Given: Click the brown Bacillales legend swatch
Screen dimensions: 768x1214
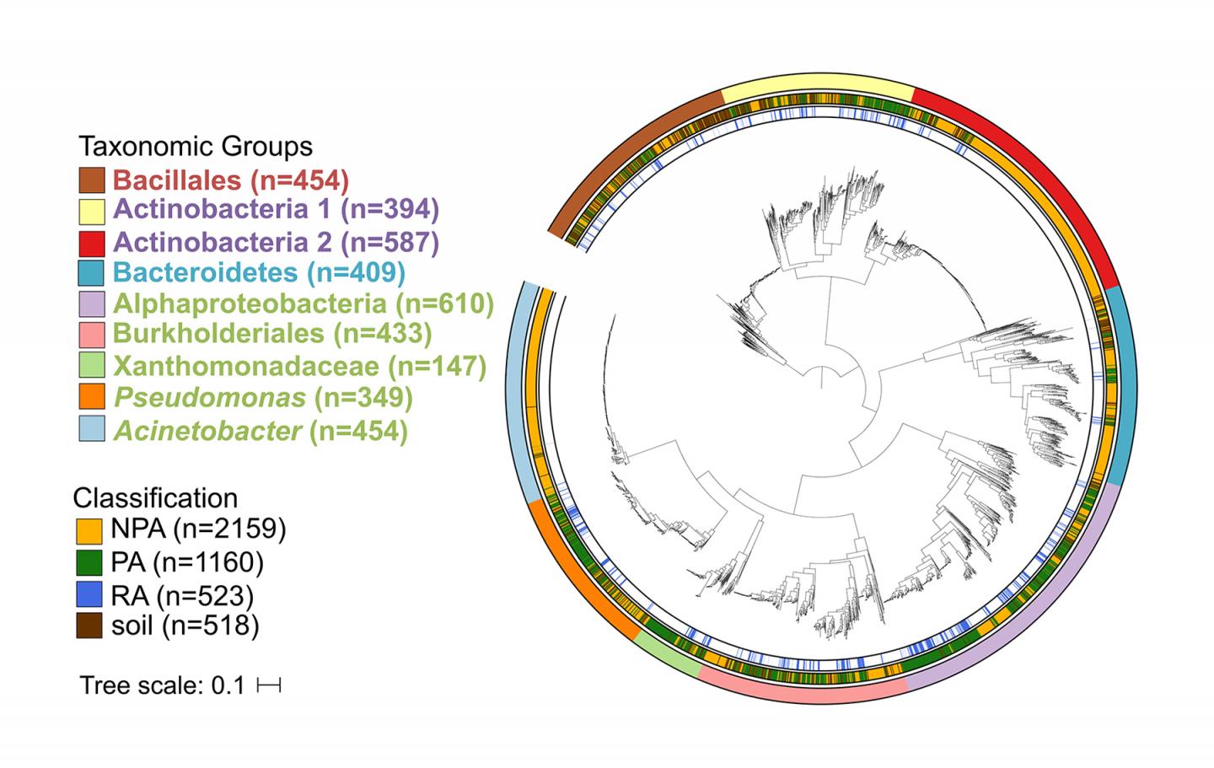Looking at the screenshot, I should click(92, 180).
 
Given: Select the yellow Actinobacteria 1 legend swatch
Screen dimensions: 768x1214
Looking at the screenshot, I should click(92, 211).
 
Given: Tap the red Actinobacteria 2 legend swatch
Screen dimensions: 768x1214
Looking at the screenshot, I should click(92, 243).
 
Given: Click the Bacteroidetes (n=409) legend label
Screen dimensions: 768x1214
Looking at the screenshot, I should click(259, 273).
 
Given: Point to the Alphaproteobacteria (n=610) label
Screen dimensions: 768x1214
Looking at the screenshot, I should click(303, 303).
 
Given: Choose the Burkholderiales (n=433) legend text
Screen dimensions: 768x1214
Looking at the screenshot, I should click(271, 334).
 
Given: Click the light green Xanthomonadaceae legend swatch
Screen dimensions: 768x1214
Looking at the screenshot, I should click(92, 366).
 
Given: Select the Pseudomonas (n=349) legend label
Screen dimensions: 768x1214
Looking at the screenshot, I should click(262, 397).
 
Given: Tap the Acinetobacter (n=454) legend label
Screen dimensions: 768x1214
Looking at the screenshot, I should click(261, 431).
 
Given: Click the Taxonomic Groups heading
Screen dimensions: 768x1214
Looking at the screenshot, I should click(196, 147).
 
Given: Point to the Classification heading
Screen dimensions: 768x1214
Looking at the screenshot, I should click(155, 497).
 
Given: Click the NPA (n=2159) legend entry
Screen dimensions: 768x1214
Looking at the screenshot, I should click(198, 529).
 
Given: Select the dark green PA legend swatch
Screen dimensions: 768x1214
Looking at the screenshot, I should click(89, 562).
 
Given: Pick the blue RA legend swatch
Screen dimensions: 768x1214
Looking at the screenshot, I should click(89, 595).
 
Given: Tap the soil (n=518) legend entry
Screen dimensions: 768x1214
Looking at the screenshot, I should click(185, 626).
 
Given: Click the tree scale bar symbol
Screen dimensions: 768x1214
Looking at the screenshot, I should click(269, 686).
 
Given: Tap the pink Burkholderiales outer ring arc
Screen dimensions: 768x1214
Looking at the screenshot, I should click(801, 693).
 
